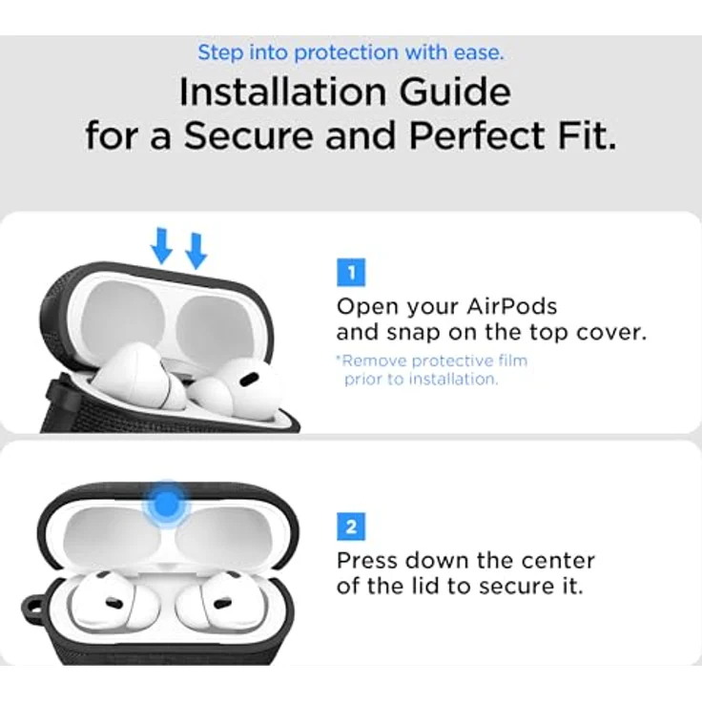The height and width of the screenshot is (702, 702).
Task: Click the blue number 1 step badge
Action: click(351, 272)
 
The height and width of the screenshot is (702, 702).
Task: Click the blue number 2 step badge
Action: click(351, 526)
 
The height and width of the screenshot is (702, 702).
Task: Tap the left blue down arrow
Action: click(161, 246)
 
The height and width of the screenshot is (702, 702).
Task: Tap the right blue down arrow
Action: click(196, 251)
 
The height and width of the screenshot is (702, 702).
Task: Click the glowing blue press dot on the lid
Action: click(166, 505)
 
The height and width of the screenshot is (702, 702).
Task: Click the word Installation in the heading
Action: click(282, 92)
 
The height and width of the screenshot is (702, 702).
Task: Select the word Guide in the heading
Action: click(455, 92)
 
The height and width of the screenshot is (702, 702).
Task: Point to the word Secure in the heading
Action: click(248, 135)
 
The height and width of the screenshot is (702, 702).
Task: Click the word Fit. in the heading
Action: click(587, 135)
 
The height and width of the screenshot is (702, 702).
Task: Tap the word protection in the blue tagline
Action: click(346, 52)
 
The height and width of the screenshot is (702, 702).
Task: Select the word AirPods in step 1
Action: click(512, 307)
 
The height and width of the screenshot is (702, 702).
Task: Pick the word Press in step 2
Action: click(367, 561)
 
